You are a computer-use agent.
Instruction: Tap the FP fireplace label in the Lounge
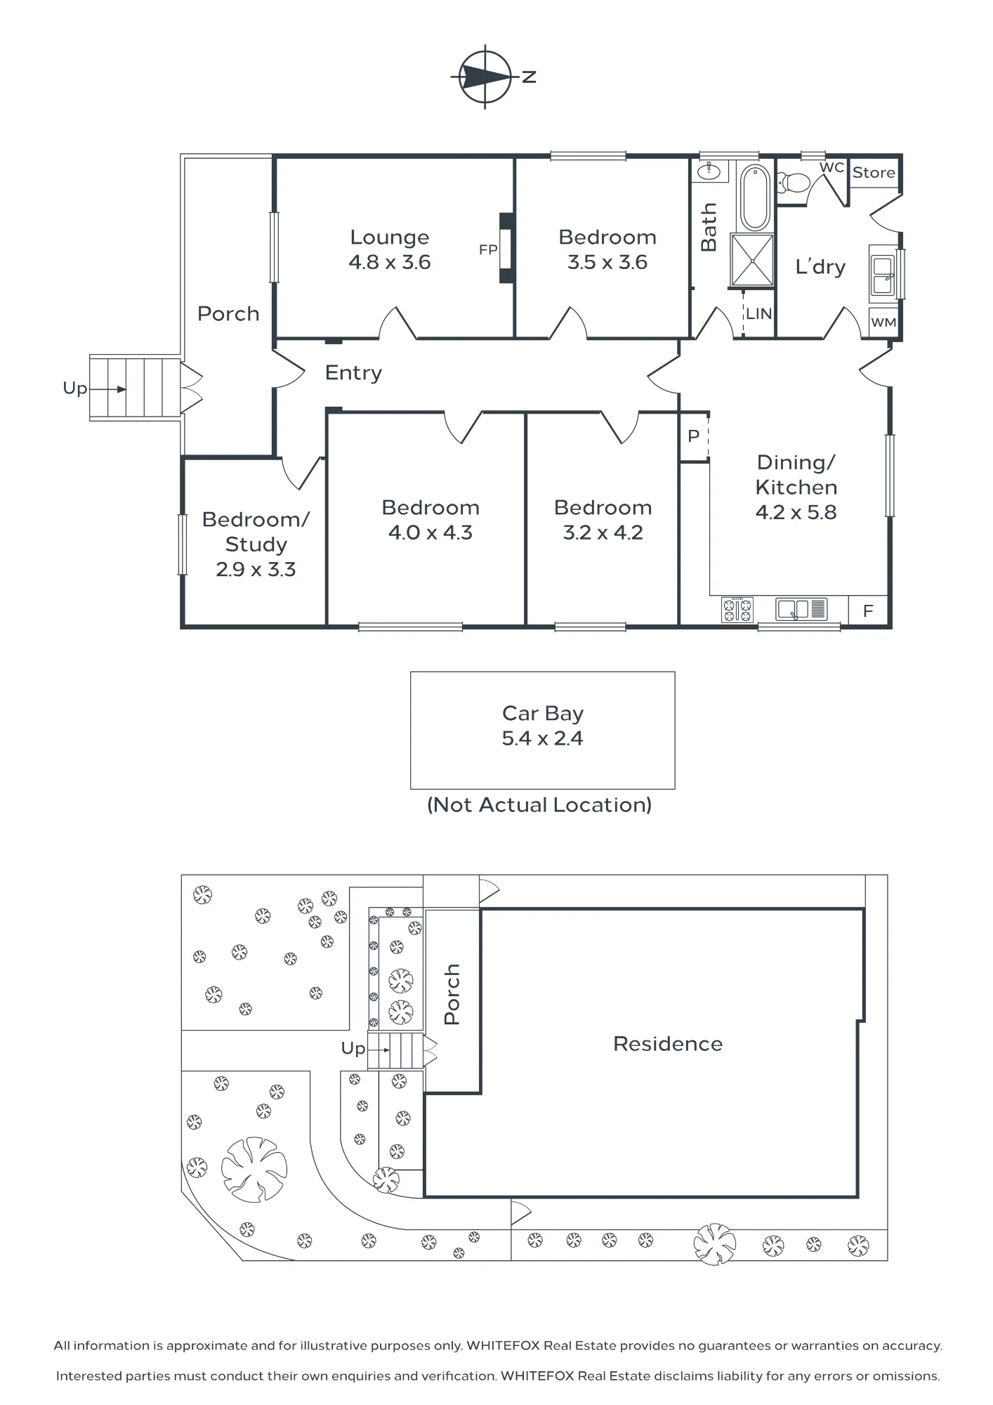click(x=488, y=249)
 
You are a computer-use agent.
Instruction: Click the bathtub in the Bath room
click(x=755, y=197)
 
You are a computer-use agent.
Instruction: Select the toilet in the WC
click(x=794, y=183)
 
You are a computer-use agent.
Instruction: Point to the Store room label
click(x=874, y=173)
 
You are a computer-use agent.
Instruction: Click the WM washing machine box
click(x=883, y=322)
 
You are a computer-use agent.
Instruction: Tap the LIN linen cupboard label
click(x=758, y=314)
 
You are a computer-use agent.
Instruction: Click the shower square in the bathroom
click(x=752, y=261)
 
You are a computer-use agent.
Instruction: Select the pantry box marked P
click(x=694, y=436)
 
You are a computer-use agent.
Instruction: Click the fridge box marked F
click(x=869, y=611)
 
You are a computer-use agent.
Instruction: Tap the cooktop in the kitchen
click(x=737, y=609)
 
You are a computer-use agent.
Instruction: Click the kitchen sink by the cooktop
click(x=802, y=608)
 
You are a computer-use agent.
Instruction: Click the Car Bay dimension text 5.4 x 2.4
click(x=542, y=738)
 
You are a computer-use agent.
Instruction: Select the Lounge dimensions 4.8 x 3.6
click(x=390, y=262)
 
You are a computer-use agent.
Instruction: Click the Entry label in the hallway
click(x=353, y=373)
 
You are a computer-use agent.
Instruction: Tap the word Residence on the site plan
click(x=668, y=1044)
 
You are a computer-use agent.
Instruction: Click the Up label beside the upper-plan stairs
click(x=75, y=388)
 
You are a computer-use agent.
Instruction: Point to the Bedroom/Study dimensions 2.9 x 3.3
click(x=256, y=569)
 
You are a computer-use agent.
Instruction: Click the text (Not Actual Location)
click(x=539, y=804)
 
